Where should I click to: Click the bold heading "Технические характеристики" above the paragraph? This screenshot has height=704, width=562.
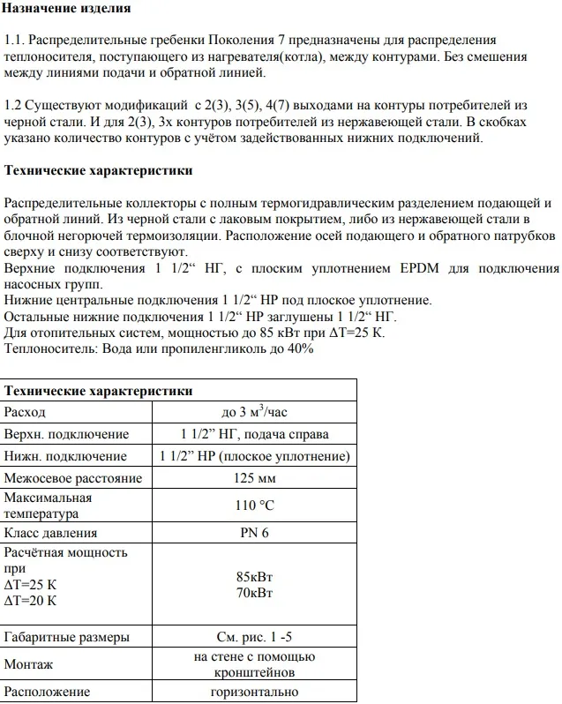(99, 170)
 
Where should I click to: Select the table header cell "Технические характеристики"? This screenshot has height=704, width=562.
(99, 391)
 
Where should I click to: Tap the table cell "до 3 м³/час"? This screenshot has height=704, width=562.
(254, 412)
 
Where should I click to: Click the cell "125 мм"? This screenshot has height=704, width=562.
(254, 478)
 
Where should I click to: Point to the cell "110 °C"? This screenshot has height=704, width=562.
(254, 506)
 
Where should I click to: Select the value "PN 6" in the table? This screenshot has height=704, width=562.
(254, 533)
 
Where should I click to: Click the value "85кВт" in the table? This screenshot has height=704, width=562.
(254, 577)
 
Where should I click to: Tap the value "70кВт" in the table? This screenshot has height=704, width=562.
(254, 592)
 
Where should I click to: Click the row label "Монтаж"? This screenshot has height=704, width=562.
(29, 664)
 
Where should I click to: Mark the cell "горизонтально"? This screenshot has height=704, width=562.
(254, 692)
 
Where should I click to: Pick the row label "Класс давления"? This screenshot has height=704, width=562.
(51, 533)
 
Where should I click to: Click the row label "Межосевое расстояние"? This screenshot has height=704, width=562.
(73, 478)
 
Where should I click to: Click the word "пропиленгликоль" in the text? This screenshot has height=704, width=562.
(206, 348)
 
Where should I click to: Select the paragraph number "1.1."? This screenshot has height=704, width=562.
(17, 41)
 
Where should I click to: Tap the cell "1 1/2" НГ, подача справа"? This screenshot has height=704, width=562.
(254, 434)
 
